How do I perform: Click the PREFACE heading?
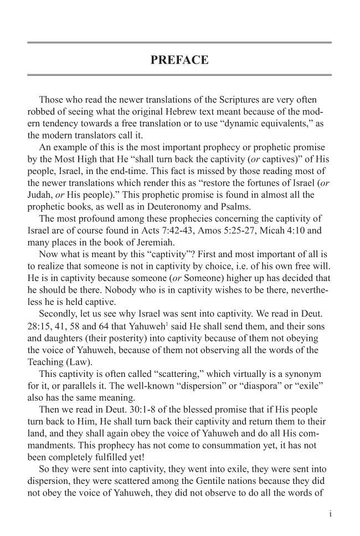click(179, 60)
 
